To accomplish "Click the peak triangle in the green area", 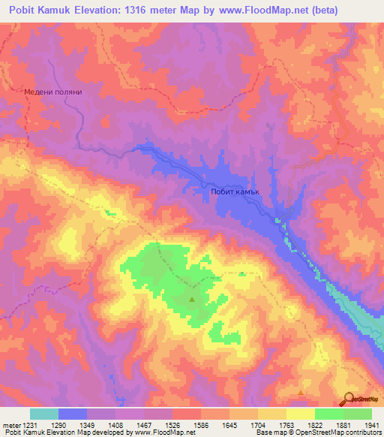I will point(192,300).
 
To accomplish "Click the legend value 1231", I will point(24,425).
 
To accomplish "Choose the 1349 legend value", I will point(86,425).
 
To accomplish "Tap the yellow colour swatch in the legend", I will point(300,414).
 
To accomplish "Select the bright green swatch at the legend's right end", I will point(357,414).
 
